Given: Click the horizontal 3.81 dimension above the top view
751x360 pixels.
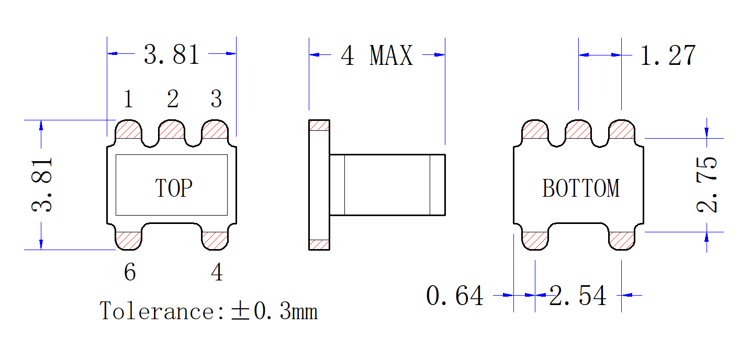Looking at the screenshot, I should coord(172,54).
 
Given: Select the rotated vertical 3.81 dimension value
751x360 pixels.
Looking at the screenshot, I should coord(42,184).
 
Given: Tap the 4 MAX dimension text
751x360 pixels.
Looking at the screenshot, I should coord(376,55).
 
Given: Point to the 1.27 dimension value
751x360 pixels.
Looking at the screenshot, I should coord(668,55).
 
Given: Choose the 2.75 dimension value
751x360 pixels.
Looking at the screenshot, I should coord(708,184).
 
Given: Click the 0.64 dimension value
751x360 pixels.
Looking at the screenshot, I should coord(455,296).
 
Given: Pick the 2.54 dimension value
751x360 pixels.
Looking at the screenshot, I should coord(578,296).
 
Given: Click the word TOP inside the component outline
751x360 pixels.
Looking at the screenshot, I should coord(174,188).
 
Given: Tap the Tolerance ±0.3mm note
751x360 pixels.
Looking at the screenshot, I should coord(209,311).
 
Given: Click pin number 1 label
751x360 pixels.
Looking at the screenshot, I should coord(128,99).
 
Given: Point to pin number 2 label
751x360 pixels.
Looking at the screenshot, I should coord(172,99).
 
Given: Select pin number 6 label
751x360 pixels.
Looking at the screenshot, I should coord(130,272).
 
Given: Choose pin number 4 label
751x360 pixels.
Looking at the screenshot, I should coord(217,272).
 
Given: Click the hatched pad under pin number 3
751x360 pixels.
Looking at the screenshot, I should coord(215,130).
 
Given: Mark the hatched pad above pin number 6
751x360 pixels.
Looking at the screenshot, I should coord(128,240).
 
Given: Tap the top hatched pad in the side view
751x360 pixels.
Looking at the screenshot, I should coord(319,125).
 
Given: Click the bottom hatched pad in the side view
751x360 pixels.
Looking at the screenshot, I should coord(319,244).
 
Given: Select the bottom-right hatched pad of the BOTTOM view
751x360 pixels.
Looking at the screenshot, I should coord(622,240).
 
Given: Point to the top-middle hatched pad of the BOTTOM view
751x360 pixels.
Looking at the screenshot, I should coord(578,130).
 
